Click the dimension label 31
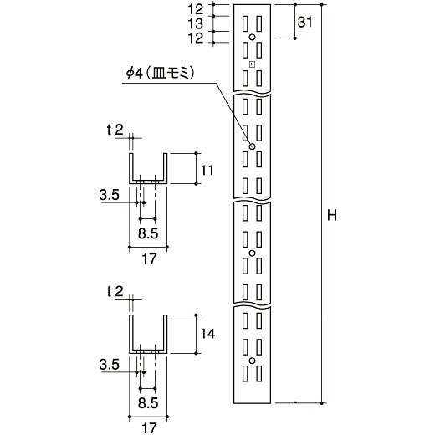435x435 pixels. tap(304, 22)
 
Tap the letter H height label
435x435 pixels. tap(332, 216)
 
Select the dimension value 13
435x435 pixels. tap(196, 23)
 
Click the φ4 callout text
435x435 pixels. tap(160, 74)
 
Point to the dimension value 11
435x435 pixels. tap(207, 170)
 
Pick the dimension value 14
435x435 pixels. tap(207, 334)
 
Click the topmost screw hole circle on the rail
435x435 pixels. tap(252, 37)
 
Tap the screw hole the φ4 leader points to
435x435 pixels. tap(252, 146)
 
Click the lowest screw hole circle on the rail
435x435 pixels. tap(252, 361)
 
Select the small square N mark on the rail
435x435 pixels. tap(253, 64)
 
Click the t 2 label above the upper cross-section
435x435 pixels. tap(115, 130)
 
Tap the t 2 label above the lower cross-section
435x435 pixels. tap(115, 292)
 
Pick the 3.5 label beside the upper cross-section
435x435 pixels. tap(109, 195)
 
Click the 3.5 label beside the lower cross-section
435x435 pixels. tap(109, 365)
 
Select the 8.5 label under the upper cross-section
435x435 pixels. tap(148, 233)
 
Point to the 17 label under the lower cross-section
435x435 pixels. tap(149, 428)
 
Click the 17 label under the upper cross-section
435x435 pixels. tap(149, 259)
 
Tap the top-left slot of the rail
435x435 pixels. tap(245, 23)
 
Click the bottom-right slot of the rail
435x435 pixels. tap(259, 374)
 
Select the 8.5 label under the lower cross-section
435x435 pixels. tap(148, 403)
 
